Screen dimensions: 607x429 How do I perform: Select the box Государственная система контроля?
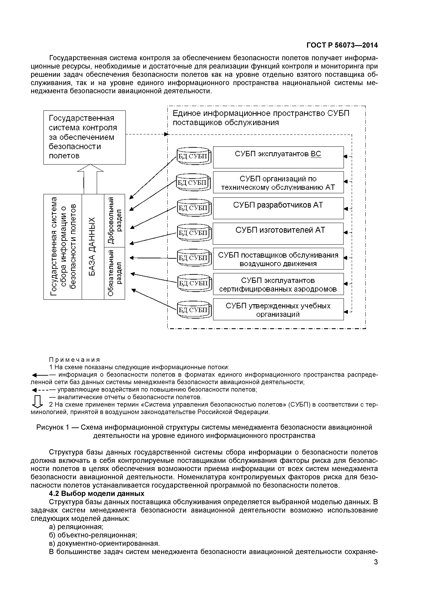point(84,137)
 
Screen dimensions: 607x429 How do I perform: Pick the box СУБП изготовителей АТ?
point(278,233)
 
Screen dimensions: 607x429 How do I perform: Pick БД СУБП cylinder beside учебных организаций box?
point(194,309)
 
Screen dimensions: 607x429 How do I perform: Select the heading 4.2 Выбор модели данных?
point(97,494)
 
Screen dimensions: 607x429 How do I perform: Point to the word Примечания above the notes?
point(75,360)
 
